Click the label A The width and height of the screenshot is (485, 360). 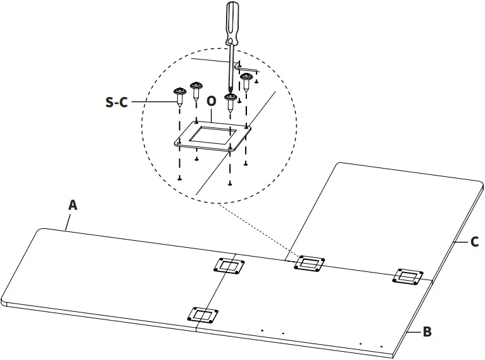(73, 205)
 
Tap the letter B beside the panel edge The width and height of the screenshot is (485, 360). (427, 331)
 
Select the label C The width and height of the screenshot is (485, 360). (474, 241)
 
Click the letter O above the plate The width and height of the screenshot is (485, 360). (211, 101)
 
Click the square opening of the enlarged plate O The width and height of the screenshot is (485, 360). (211, 134)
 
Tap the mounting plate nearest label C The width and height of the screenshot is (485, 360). (408, 276)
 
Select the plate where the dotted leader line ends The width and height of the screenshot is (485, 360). (309, 263)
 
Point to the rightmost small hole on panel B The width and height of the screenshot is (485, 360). (382, 346)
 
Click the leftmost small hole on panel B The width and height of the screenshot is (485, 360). (261, 330)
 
